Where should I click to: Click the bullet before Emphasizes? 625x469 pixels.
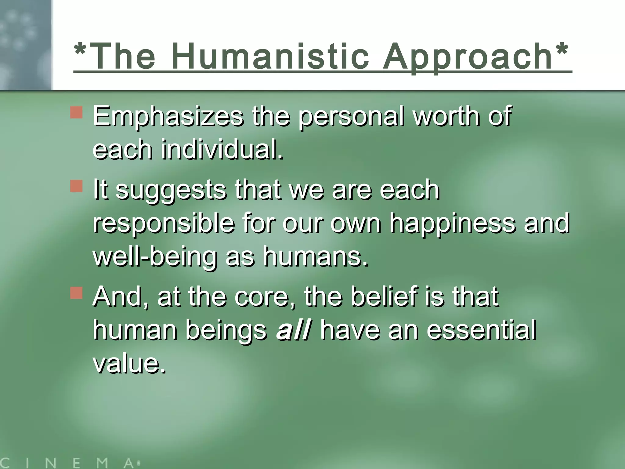[76, 112]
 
